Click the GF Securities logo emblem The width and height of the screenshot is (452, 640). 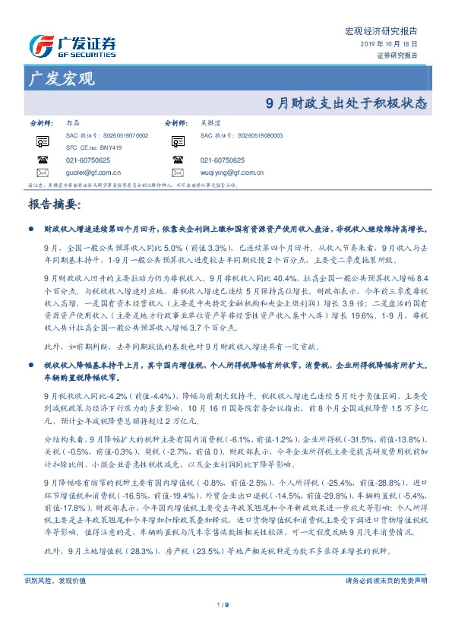click(39, 45)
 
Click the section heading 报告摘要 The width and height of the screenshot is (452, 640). click(54, 204)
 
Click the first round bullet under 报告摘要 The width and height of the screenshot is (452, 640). click(31, 228)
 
